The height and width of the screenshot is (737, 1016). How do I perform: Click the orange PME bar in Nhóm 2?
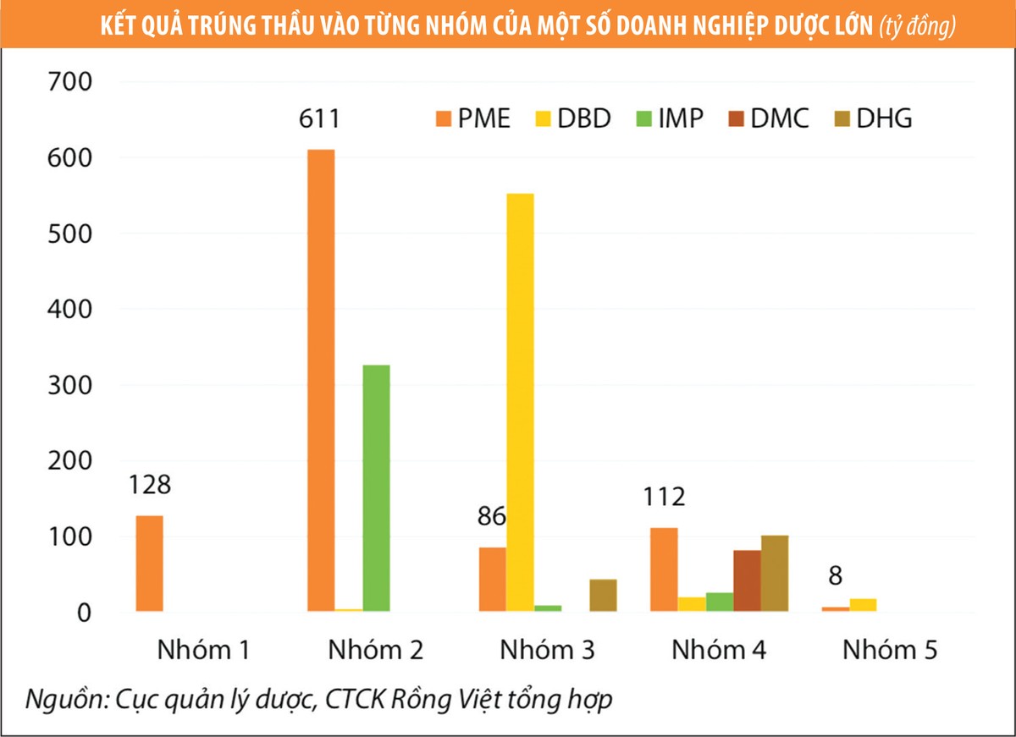[x=321, y=380]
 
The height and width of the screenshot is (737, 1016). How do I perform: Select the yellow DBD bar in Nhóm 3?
[x=520, y=402]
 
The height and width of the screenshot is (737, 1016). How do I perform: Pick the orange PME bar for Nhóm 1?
[x=149, y=563]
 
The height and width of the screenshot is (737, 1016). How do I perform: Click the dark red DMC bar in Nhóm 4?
[x=747, y=580]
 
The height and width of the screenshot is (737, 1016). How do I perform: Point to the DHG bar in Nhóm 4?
[x=775, y=573]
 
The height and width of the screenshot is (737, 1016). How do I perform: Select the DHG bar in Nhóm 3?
[x=603, y=595]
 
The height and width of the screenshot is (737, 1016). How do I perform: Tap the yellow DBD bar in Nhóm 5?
[x=863, y=604]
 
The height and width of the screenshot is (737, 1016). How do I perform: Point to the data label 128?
[x=150, y=485]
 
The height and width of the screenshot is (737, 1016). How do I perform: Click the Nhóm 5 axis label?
[x=889, y=651]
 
